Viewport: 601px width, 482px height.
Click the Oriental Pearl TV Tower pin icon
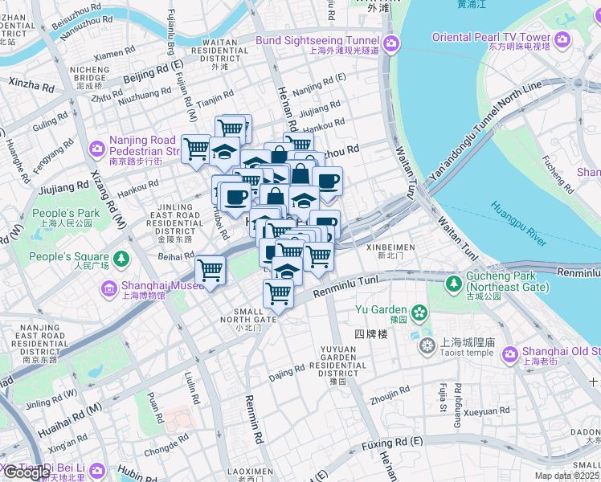pyautogui.click(x=562, y=38)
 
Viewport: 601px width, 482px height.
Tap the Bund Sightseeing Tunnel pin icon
pyautogui.click(x=392, y=43)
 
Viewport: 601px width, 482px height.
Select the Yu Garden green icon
pyautogui.click(x=419, y=311)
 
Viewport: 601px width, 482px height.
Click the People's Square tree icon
pyautogui.click(x=121, y=259)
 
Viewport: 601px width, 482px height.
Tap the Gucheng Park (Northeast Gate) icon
pyautogui.click(x=454, y=282)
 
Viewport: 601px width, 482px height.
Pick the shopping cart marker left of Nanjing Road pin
pyautogui.click(x=196, y=147)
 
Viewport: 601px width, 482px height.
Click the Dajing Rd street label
pyautogui.click(x=288, y=371)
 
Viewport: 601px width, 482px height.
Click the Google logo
pyautogui.click(x=26, y=472)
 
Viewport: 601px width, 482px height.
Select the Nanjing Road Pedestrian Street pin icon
pyautogui.click(x=97, y=148)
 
